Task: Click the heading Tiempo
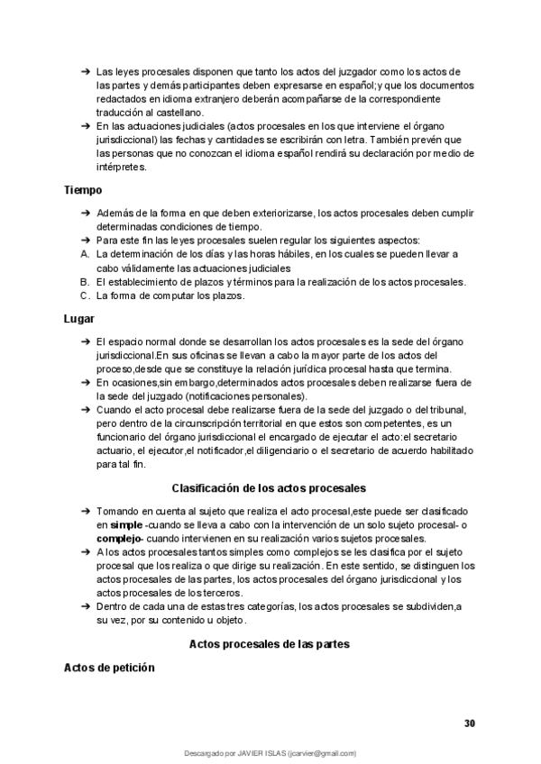(83, 190)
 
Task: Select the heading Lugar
(79, 319)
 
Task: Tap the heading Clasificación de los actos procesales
(268, 487)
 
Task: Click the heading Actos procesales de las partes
(269, 644)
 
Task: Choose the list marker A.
(84, 255)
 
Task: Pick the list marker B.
(84, 282)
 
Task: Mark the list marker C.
(84, 296)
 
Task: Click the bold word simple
(125, 524)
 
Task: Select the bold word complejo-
(121, 538)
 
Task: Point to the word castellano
(179, 112)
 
